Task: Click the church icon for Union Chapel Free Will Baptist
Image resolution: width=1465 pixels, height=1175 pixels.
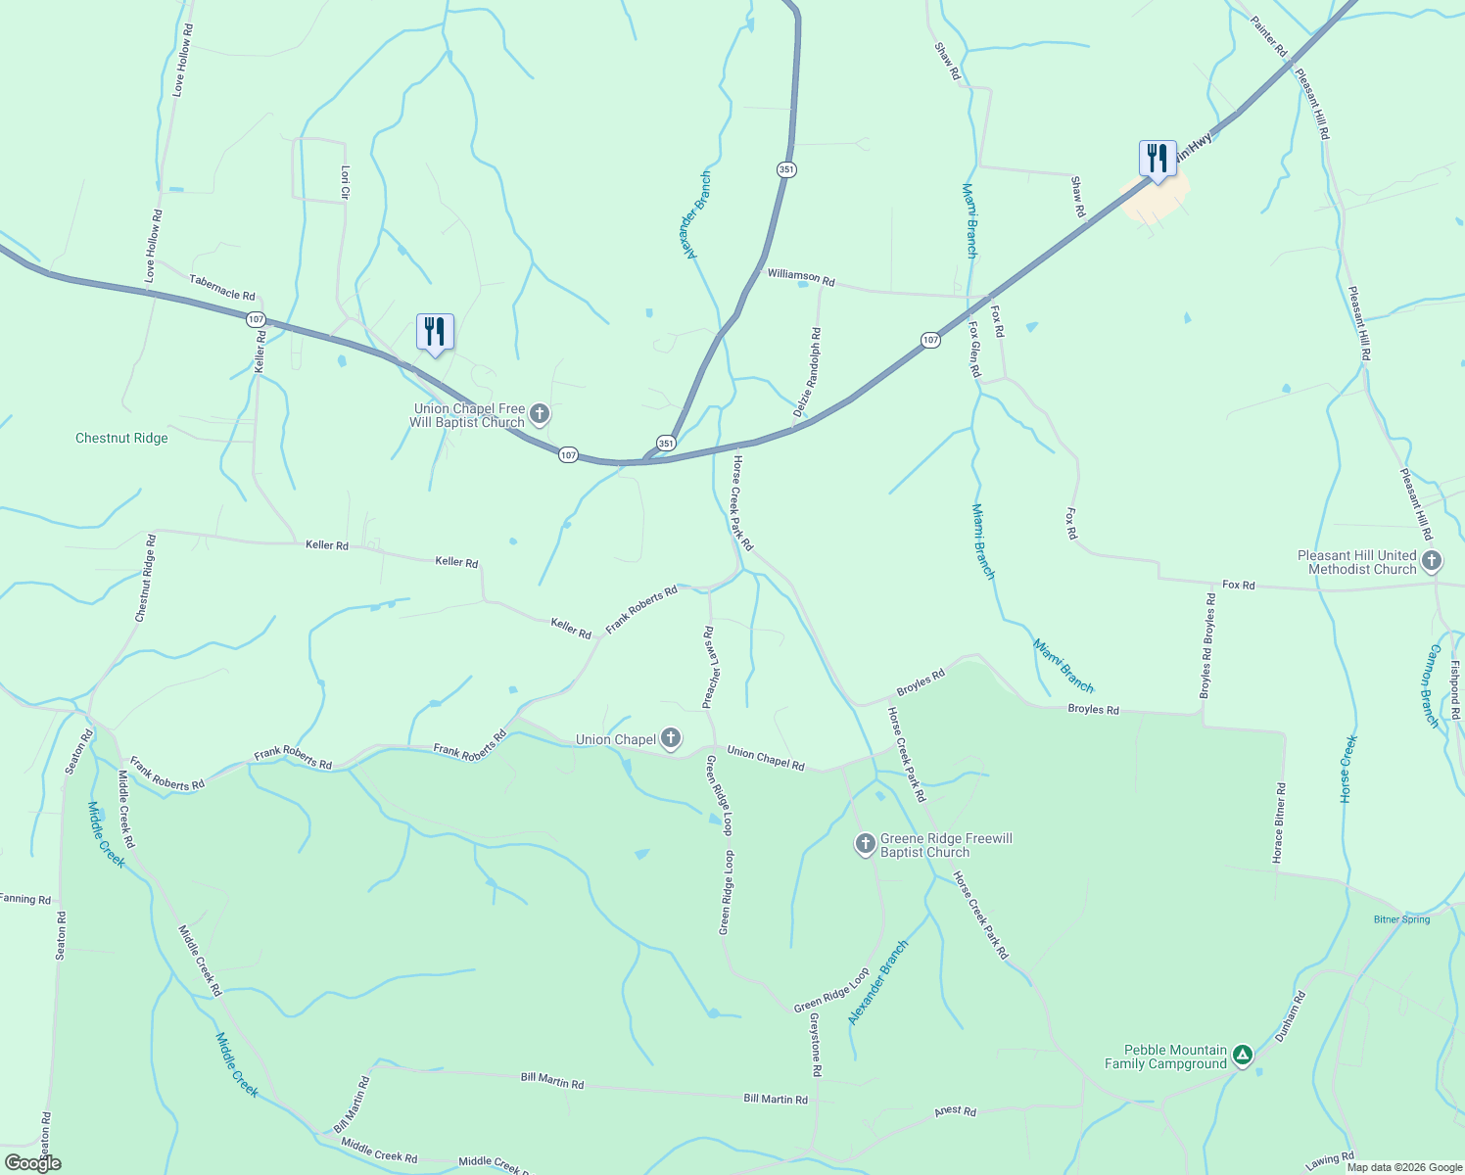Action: tap(539, 415)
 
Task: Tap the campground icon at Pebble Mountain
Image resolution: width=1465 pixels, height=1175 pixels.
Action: tap(1242, 1056)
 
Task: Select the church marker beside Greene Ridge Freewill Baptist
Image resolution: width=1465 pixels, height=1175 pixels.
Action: tap(865, 844)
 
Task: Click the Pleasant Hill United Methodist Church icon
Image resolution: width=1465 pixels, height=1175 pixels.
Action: tap(1432, 561)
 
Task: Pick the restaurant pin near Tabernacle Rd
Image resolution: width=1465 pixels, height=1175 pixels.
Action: tap(435, 332)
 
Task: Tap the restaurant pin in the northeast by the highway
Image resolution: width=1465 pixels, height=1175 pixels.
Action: tap(1158, 159)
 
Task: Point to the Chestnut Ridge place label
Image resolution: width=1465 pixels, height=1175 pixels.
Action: tap(121, 438)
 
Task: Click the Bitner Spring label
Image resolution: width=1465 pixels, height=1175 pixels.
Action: tap(1401, 919)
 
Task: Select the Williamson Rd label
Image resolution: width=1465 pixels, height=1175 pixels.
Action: tap(801, 278)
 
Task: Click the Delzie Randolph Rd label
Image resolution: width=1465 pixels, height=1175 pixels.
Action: tap(808, 373)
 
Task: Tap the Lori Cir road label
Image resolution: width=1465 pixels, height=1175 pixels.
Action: tap(345, 182)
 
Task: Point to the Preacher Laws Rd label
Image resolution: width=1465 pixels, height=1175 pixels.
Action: tap(711, 667)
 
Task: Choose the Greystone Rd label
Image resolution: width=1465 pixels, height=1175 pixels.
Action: tap(815, 1045)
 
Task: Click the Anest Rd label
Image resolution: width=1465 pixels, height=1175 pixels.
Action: tap(955, 1111)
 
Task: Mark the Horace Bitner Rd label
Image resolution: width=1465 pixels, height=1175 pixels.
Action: tap(1279, 822)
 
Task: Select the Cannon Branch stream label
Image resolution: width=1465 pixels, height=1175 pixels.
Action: tap(1432, 685)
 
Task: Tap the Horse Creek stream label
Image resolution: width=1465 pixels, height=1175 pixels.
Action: tap(1348, 770)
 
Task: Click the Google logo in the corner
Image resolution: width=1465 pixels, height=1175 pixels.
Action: tap(32, 1163)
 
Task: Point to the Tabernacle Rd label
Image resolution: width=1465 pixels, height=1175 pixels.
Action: tap(222, 287)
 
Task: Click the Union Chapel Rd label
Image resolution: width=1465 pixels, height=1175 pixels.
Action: tap(765, 759)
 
